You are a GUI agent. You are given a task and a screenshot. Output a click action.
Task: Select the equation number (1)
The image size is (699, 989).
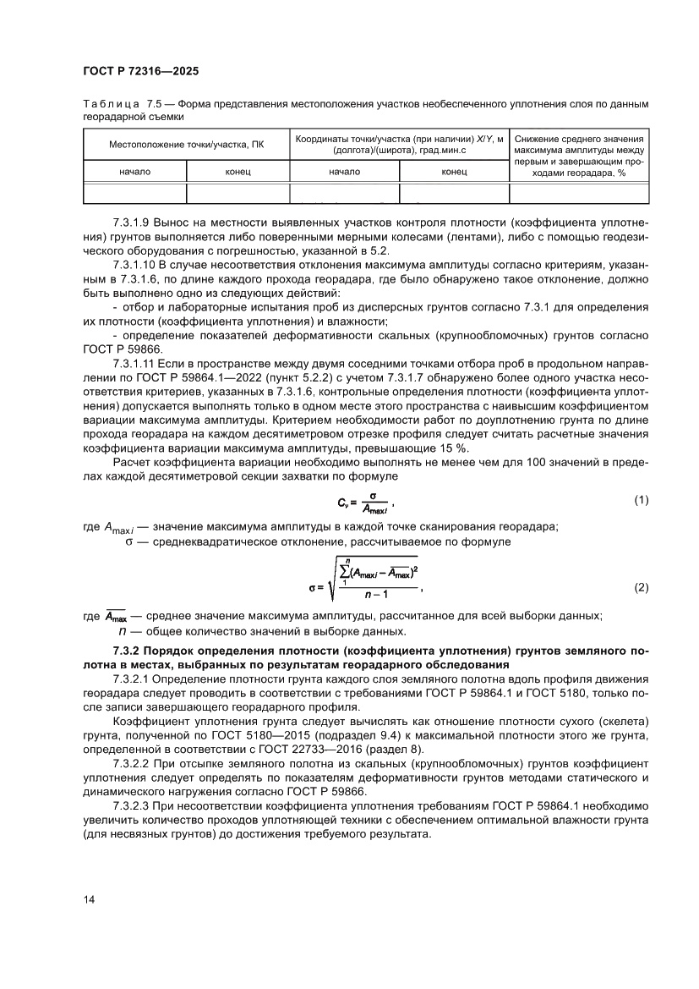(x=641, y=501)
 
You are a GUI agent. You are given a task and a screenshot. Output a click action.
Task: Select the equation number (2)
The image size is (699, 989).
(x=641, y=587)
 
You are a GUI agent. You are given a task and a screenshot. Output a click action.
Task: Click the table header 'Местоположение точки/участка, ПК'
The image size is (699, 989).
(x=186, y=145)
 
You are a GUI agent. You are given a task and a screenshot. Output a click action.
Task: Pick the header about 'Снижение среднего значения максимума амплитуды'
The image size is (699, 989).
(x=579, y=155)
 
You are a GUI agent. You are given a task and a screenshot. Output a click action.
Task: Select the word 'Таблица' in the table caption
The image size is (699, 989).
(x=111, y=104)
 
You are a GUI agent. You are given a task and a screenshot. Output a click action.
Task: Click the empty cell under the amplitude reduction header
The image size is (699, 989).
(x=579, y=194)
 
